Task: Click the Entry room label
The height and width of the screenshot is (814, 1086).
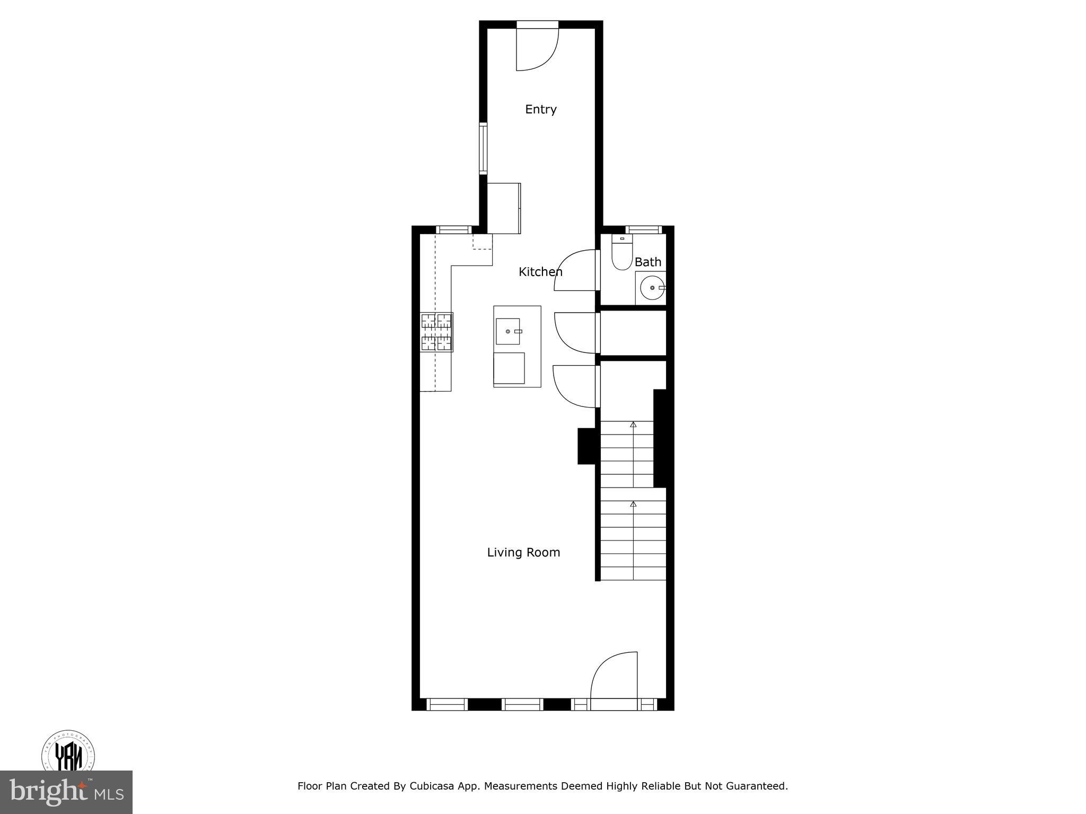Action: click(540, 109)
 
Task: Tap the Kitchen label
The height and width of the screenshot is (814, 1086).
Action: click(540, 272)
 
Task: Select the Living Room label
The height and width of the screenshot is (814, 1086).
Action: click(523, 552)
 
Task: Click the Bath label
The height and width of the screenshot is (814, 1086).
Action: click(647, 262)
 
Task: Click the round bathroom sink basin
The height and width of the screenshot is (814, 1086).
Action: click(651, 288)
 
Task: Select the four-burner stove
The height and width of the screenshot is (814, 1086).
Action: click(436, 332)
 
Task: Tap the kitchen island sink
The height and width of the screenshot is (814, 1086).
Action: click(508, 331)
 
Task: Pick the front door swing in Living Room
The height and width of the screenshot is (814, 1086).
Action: click(614, 680)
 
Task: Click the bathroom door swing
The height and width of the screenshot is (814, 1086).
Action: click(575, 270)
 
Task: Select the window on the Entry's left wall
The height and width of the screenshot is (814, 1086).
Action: click(483, 148)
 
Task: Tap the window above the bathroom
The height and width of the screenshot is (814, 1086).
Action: click(643, 229)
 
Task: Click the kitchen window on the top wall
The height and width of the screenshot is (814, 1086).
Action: click(453, 229)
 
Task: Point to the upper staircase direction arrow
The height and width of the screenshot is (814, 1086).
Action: click(633, 424)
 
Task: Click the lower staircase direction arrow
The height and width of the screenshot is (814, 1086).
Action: click(633, 504)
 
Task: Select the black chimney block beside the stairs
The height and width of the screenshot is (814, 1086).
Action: click(586, 446)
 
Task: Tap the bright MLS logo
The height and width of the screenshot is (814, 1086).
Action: click(66, 792)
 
